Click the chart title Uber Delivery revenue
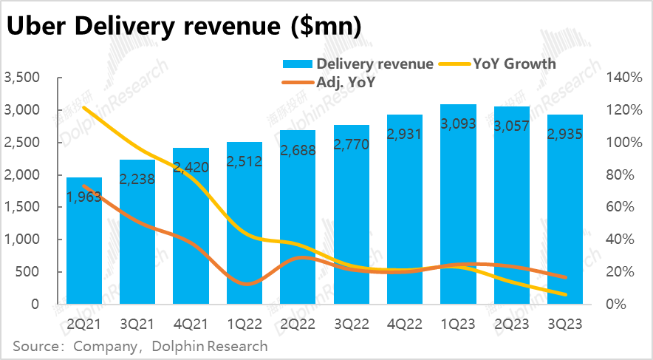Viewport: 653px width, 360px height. coord(184,27)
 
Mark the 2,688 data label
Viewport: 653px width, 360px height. coord(298,147)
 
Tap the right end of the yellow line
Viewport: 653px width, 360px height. coord(565,295)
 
